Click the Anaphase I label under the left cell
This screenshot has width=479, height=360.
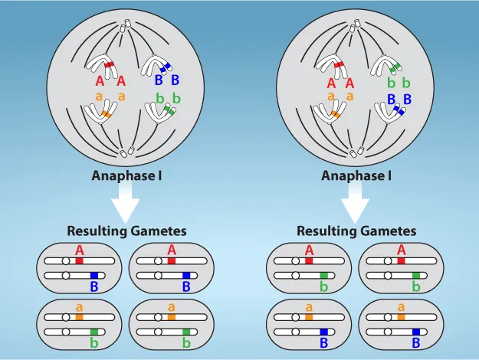pos(126,175)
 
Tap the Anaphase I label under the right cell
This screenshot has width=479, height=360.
pos(356,175)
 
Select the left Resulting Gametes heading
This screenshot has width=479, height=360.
pos(126,230)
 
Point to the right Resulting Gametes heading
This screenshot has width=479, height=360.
pos(356,230)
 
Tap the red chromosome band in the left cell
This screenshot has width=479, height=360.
pos(110,66)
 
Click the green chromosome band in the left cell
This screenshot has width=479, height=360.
pos(168,110)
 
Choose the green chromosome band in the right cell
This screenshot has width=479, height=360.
pos(392,69)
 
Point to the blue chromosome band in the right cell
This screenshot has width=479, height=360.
pos(398,110)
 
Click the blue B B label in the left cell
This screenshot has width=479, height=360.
pos(168,80)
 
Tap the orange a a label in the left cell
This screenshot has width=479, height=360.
pos(110,97)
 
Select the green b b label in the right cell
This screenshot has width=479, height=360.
pos(398,82)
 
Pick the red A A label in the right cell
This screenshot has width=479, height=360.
pos(340,83)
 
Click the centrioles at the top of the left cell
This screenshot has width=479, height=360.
pos(126,28)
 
